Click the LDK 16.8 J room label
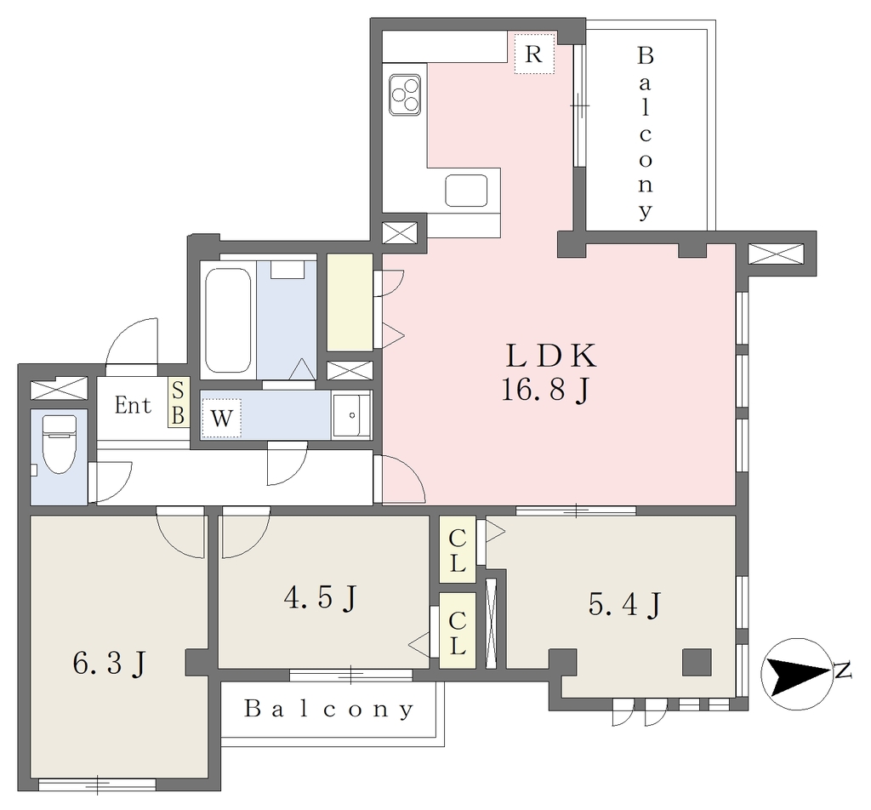(549, 372)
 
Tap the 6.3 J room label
(109, 663)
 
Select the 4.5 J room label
(320, 598)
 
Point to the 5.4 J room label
(624, 604)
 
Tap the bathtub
(228, 321)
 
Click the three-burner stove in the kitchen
(404, 95)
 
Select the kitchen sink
(466, 191)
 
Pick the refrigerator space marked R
(534, 54)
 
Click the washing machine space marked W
(222, 417)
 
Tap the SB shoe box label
(177, 402)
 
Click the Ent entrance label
(133, 406)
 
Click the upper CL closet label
(457, 550)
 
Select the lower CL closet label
(457, 632)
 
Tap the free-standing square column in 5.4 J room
(697, 662)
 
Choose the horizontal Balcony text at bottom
(329, 709)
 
